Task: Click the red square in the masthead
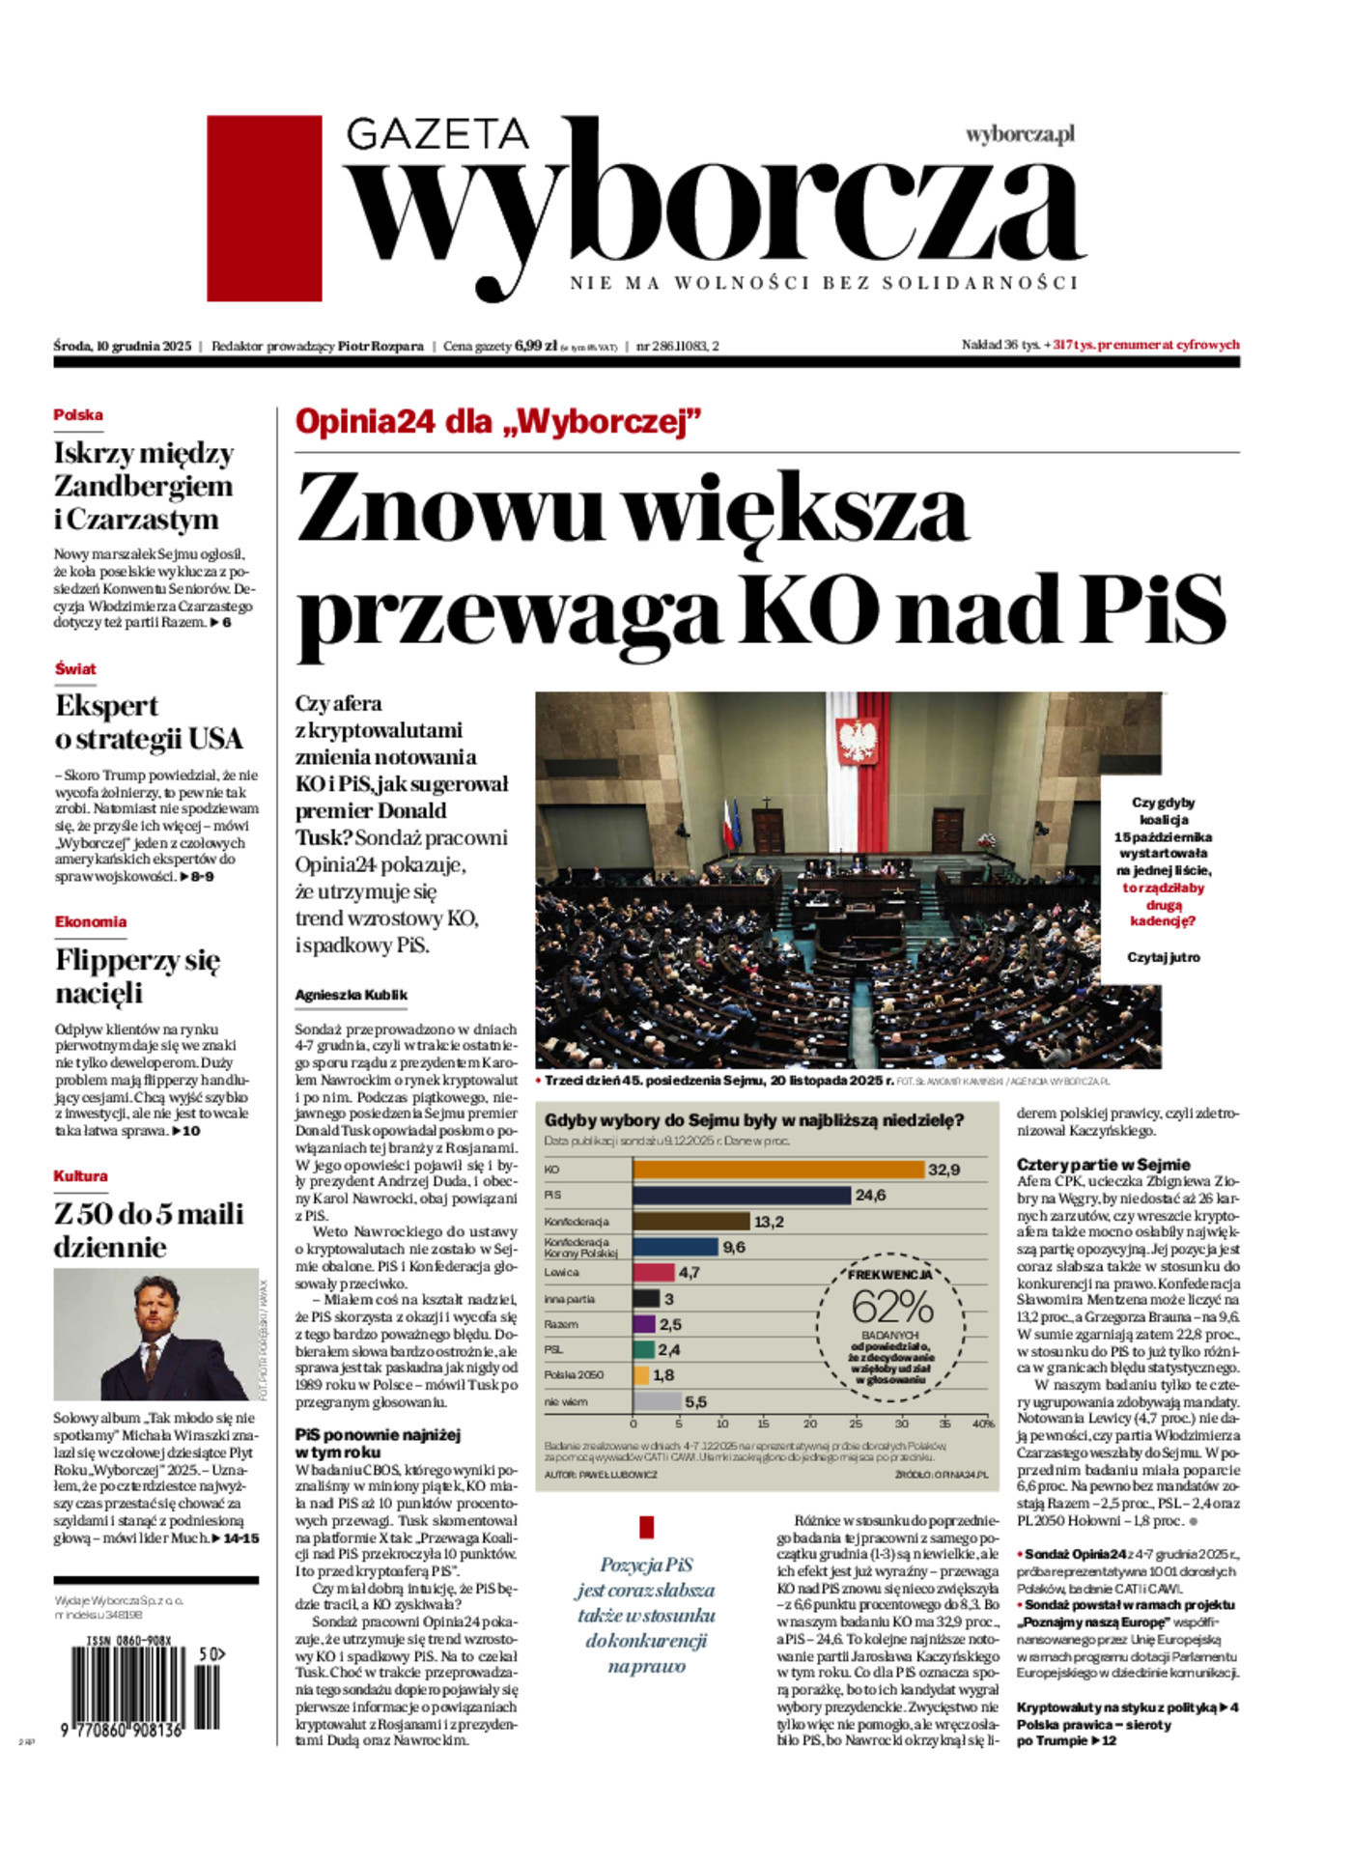tap(264, 208)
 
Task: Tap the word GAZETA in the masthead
tap(437, 134)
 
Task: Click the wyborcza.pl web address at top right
tap(1020, 135)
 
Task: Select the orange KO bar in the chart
tap(778, 1170)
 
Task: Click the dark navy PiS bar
tap(742, 1196)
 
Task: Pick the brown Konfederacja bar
tap(690, 1222)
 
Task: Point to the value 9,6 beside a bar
tap(734, 1247)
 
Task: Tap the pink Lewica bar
tap(653, 1273)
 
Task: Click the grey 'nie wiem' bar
tap(657, 1401)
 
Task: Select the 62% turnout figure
tap(891, 1308)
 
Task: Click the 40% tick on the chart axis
tap(982, 1424)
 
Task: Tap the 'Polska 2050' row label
tap(574, 1375)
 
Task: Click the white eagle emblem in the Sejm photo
tap(853, 742)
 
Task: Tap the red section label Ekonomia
tap(91, 922)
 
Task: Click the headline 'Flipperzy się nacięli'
tap(138, 976)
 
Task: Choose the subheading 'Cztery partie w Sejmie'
tap(1103, 1165)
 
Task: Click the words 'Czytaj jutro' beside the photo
tap(1164, 957)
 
